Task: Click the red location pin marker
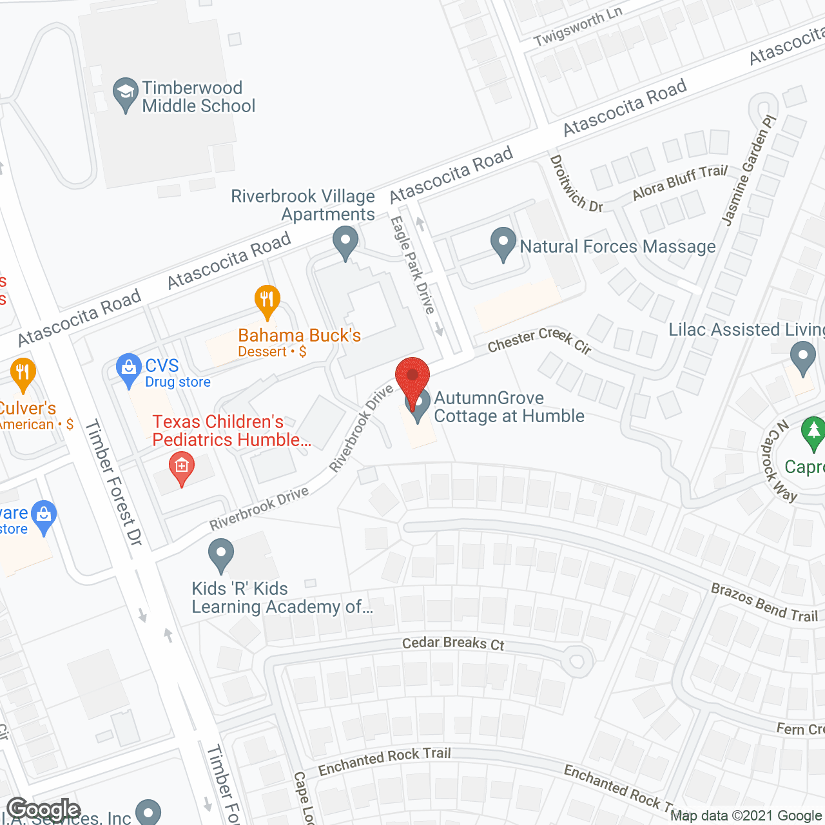tap(412, 378)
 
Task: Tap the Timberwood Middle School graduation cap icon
tap(125, 94)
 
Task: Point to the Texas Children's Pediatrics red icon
tap(182, 468)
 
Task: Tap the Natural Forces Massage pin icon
tap(503, 244)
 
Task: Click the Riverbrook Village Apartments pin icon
tap(345, 242)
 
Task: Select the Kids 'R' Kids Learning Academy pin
tap(221, 555)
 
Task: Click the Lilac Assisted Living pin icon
tap(802, 357)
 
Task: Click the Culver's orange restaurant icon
tap(23, 374)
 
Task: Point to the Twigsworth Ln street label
tap(578, 27)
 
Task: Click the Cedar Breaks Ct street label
tap(453, 643)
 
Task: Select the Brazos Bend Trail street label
tap(764, 602)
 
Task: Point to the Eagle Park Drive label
tap(412, 265)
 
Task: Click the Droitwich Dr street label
tap(576, 184)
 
